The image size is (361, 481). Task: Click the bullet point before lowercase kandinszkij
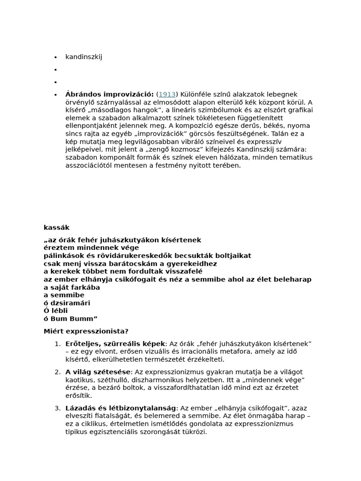[x=55, y=57]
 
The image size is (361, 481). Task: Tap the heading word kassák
[x=56, y=228]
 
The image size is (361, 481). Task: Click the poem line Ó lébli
[x=56, y=311]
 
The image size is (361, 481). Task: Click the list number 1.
[x=57, y=344]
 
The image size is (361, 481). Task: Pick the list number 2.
[x=57, y=372]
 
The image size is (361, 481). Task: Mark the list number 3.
[x=57, y=408]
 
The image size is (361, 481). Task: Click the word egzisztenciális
[x=118, y=432]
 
